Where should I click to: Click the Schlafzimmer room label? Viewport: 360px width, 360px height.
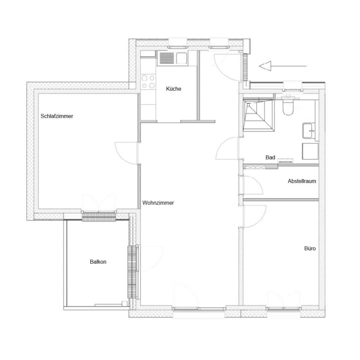(x=57, y=116)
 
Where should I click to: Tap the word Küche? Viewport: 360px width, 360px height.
(x=174, y=89)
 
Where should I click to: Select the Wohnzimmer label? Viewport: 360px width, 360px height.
(x=158, y=203)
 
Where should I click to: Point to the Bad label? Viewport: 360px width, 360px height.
(x=270, y=157)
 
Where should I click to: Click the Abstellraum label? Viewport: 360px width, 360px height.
(x=302, y=181)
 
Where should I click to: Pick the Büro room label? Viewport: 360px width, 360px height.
(x=310, y=249)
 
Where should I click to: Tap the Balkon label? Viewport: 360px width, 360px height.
(x=98, y=262)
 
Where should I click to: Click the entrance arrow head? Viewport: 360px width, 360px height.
(x=265, y=66)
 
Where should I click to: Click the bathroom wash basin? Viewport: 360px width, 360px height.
(x=309, y=131)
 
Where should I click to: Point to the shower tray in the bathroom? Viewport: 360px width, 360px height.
(x=259, y=116)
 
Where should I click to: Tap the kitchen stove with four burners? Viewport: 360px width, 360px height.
(x=148, y=82)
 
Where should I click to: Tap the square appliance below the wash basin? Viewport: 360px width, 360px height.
(x=310, y=151)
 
